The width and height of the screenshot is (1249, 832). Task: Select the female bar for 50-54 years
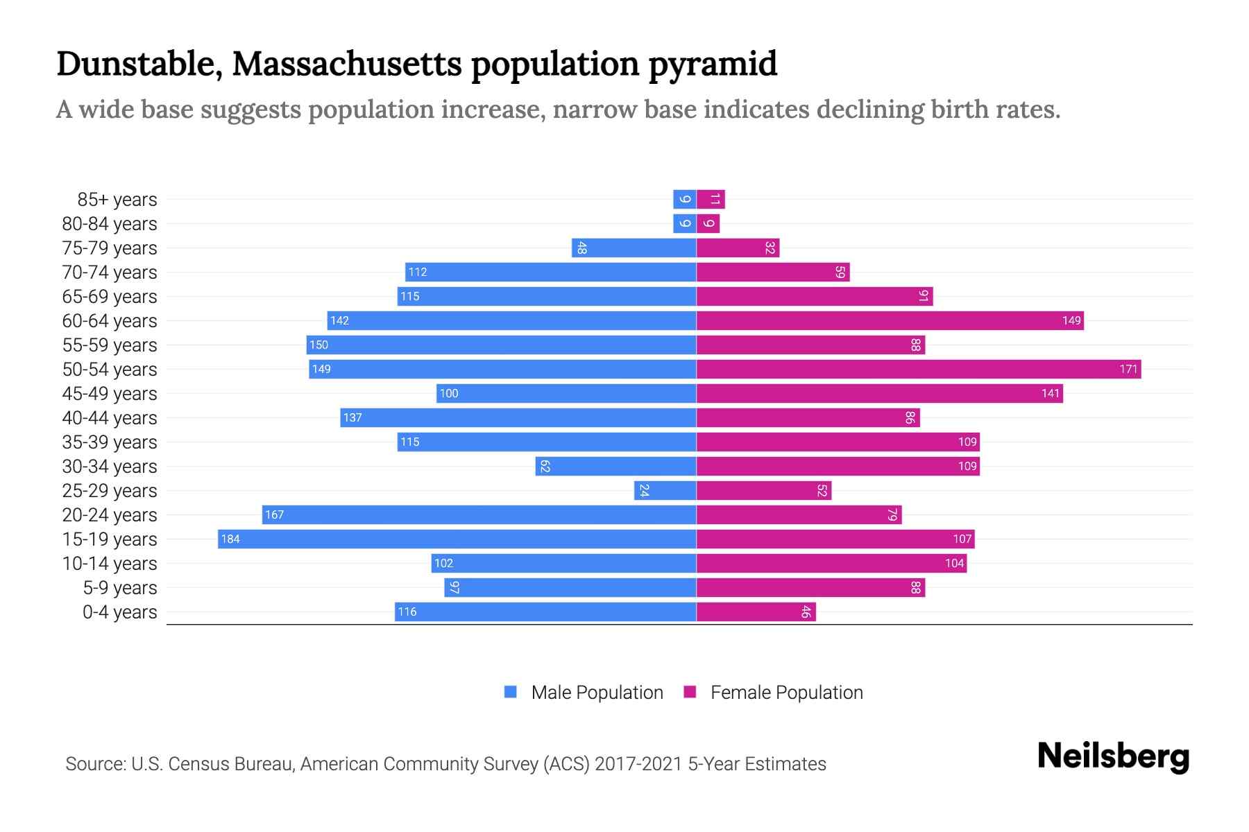918,370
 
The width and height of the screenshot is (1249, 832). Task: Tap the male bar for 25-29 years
665,491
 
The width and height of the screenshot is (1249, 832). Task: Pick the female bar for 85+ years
711,200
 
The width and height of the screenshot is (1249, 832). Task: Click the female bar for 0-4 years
756,612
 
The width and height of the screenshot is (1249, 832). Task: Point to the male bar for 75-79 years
634,248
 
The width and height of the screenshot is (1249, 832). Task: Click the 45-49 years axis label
110,394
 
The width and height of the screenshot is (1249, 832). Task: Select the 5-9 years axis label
120,588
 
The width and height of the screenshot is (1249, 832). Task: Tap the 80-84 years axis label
110,224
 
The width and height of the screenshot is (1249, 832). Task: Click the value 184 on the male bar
230,539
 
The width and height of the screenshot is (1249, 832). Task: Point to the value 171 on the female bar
1128,370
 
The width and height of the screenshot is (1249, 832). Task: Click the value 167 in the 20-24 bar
274,515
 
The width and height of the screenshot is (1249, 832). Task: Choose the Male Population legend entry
597,693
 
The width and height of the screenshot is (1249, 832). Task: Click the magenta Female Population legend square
690,692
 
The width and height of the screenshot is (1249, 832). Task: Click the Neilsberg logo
1113,756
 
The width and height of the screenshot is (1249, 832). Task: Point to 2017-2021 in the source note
638,764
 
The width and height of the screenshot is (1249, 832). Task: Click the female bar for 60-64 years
890,321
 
